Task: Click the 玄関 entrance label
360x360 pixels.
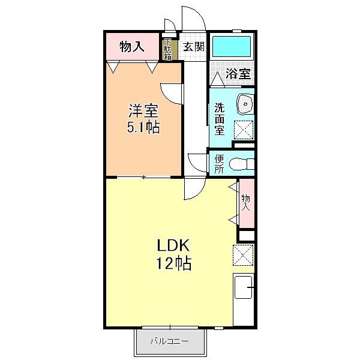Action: click(194, 47)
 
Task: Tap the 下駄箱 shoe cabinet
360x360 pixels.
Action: click(167, 50)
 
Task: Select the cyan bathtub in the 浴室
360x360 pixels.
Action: click(232, 46)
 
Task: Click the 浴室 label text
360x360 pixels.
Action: click(238, 73)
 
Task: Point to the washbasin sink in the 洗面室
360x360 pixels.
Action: click(245, 104)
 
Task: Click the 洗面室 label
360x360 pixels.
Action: click(220, 119)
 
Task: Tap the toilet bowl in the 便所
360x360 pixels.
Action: click(242, 164)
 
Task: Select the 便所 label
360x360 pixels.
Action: click(219, 164)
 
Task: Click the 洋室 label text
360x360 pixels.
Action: click(143, 111)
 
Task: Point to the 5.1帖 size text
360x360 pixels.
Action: click(143, 127)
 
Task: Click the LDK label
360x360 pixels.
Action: click(173, 245)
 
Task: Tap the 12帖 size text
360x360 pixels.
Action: click(173, 263)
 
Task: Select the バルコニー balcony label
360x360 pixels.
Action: click(170, 341)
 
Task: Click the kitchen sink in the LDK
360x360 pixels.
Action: click(244, 287)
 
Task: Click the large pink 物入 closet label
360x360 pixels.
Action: click(132, 47)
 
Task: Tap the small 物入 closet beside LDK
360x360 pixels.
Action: click(247, 203)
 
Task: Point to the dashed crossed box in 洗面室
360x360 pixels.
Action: click(244, 130)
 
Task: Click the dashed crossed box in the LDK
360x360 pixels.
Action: click(243, 255)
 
